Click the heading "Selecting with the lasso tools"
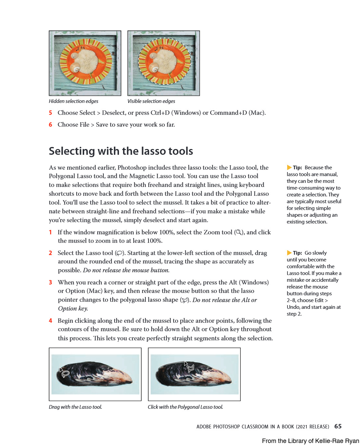click(x=121, y=151)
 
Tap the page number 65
click(x=338, y=426)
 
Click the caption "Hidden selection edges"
click(x=74, y=101)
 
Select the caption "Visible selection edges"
click(x=151, y=101)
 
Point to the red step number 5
click(x=51, y=113)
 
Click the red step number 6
click(x=51, y=125)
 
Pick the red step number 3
click(x=51, y=282)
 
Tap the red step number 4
click(x=51, y=321)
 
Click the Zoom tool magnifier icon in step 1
click(x=239, y=232)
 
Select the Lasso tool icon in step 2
click(x=119, y=253)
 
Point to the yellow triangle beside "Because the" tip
click(x=289, y=167)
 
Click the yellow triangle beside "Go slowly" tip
click(x=289, y=253)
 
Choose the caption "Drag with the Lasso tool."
click(x=75, y=407)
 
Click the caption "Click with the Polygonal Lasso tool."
click(x=185, y=407)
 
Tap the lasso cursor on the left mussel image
click(x=65, y=373)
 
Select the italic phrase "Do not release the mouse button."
click(x=126, y=270)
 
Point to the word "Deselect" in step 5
click(x=114, y=113)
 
